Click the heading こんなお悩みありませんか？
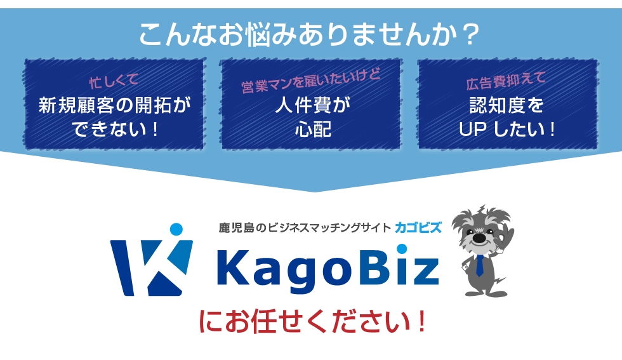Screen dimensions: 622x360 pyautogui.click(x=310, y=34)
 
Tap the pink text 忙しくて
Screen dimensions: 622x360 pyautogui.click(x=114, y=81)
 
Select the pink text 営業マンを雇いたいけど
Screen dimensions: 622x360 pyautogui.click(x=311, y=81)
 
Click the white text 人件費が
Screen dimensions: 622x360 pyautogui.click(x=312, y=105)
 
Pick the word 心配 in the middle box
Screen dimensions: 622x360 pyautogui.click(x=313, y=130)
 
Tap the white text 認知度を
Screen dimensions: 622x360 pyautogui.click(x=506, y=105)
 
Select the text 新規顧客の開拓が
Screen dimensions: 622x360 pyautogui.click(x=115, y=105)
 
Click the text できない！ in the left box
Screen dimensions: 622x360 pyautogui.click(x=116, y=130)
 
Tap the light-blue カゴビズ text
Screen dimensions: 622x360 pyautogui.click(x=418, y=228)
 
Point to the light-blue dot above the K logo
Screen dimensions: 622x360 pyautogui.click(x=176, y=229)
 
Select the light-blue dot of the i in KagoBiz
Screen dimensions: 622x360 pyautogui.click(x=401, y=249)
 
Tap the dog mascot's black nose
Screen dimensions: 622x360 pyautogui.click(x=479, y=237)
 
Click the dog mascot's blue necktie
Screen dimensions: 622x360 pyautogui.click(x=480, y=265)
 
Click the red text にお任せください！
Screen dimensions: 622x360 pyautogui.click(x=312, y=321)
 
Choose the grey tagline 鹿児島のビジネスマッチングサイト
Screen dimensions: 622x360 pyautogui.click(x=305, y=228)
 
